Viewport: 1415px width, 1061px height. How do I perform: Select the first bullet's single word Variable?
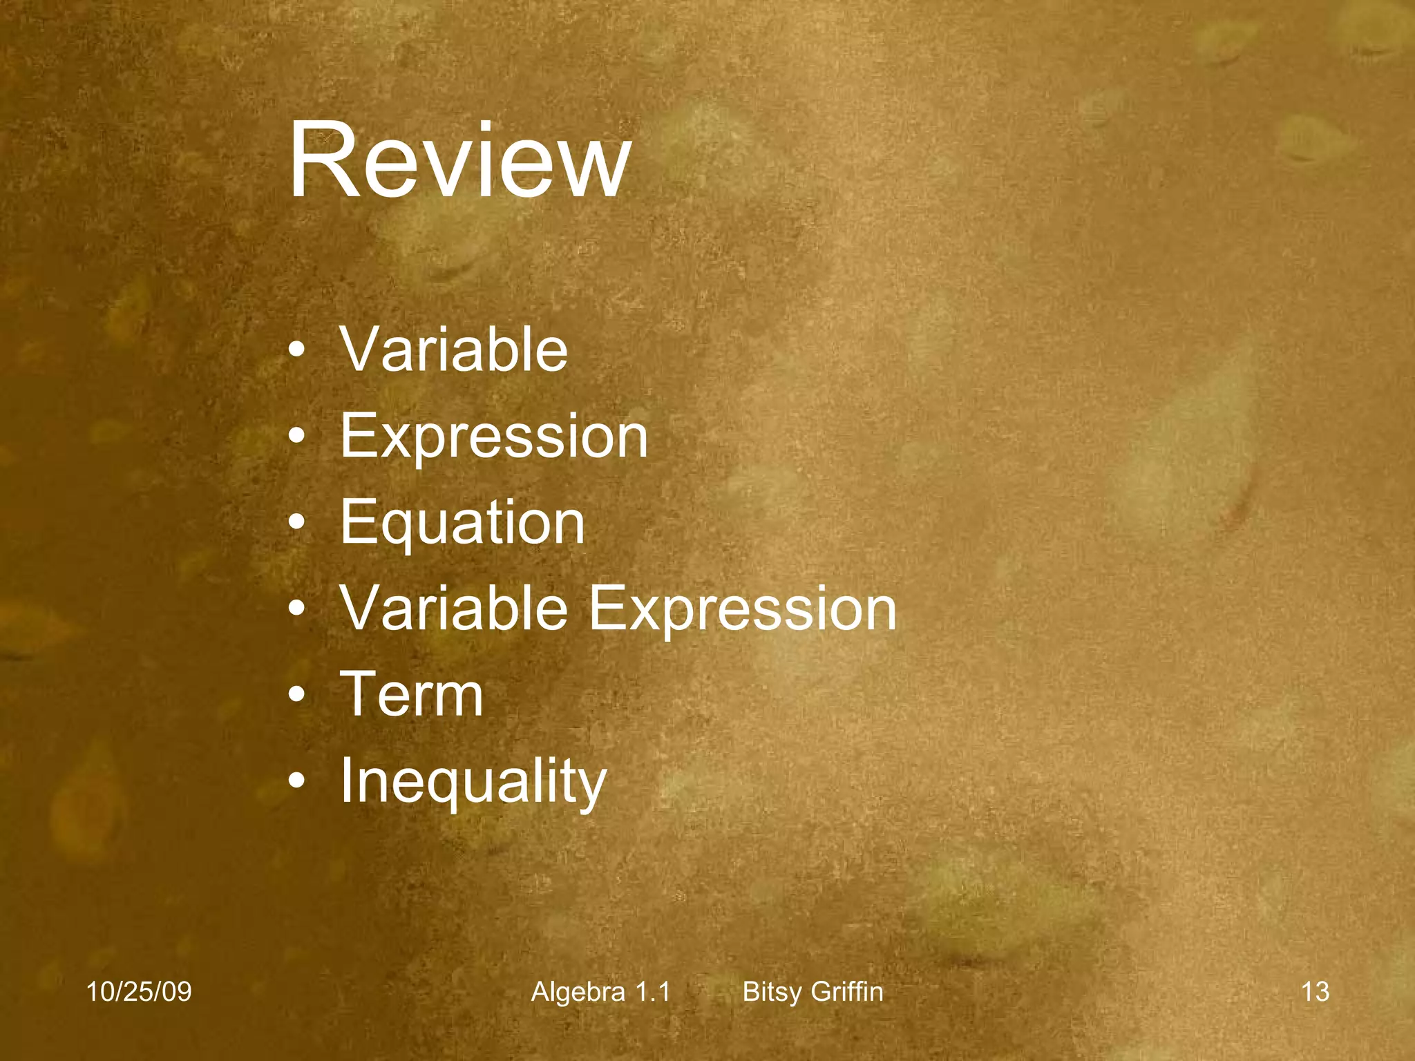[x=453, y=350]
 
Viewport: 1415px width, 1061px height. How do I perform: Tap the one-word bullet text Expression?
[x=493, y=436]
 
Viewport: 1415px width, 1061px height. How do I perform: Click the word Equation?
[x=462, y=523]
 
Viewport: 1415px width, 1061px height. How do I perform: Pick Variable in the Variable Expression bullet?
[x=453, y=609]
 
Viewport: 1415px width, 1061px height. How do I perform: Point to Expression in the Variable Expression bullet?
[x=742, y=609]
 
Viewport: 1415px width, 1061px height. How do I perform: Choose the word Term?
[x=412, y=694]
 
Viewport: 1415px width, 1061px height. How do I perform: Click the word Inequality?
[x=473, y=781]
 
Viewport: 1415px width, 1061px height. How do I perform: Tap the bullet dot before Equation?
[x=296, y=524]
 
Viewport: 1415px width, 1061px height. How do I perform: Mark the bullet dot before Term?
[x=296, y=696]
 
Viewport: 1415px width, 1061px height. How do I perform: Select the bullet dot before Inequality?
[x=296, y=782]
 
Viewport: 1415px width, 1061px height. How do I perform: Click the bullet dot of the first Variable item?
[x=296, y=351]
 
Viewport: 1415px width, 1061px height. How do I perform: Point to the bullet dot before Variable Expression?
[x=296, y=609]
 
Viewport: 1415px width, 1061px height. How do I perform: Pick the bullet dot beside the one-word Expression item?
[x=296, y=437]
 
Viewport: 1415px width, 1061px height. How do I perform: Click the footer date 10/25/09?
[x=138, y=992]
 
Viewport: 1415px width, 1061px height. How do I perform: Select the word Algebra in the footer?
[x=578, y=992]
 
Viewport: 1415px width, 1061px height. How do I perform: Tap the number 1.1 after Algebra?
[x=652, y=992]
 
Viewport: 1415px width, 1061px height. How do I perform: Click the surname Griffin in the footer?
[x=847, y=992]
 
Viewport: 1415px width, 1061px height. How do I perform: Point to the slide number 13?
[x=1315, y=992]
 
